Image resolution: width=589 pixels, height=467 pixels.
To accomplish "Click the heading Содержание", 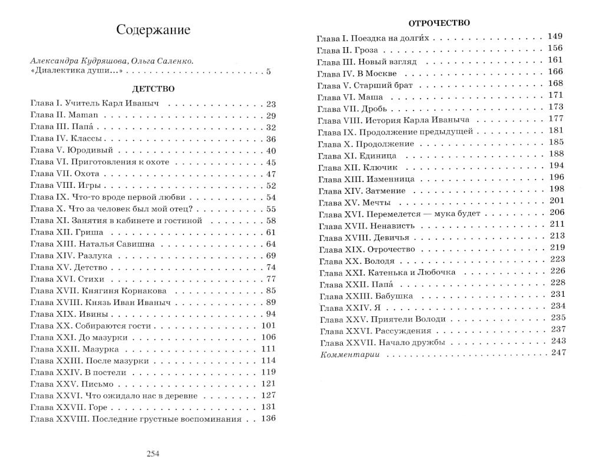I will click(153, 30).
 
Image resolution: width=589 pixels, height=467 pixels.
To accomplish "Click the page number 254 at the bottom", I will click(153, 453).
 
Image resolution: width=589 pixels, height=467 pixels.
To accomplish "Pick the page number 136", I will click(268, 419).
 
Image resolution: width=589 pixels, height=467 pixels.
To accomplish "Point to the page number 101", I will click(268, 326).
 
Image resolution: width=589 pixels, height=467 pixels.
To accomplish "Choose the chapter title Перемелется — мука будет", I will click(423, 213).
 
